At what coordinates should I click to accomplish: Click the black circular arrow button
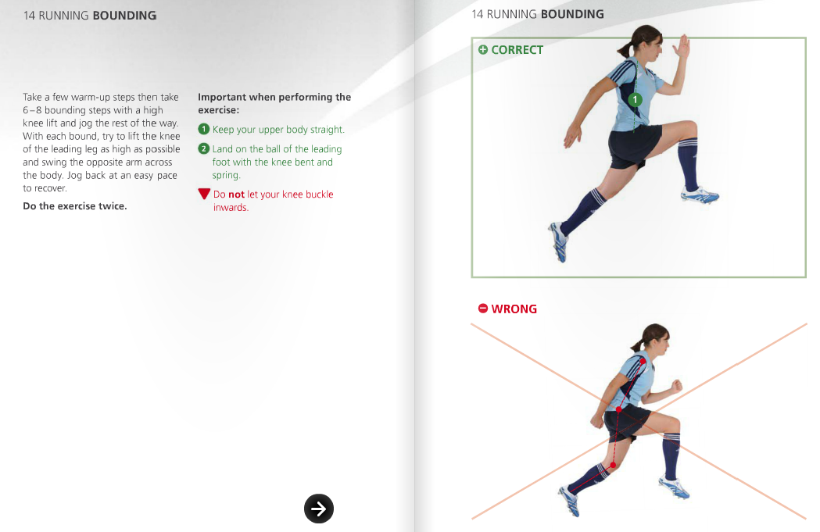(x=319, y=509)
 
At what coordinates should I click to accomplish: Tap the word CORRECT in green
(x=517, y=50)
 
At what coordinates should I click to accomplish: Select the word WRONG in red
(x=514, y=309)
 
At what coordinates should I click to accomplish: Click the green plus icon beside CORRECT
(x=483, y=50)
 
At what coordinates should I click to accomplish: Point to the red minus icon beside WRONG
(x=483, y=309)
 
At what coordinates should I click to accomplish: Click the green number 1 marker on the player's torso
(x=636, y=100)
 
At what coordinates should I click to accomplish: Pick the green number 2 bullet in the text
(x=203, y=148)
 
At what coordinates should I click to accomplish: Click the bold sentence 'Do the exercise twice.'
(x=74, y=206)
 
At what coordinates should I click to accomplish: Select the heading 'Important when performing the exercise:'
(x=274, y=103)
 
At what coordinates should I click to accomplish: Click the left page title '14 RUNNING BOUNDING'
(x=90, y=16)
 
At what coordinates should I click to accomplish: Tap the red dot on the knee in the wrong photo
(x=613, y=466)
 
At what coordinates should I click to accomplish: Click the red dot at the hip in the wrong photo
(x=618, y=409)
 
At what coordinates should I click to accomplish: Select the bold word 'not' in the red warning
(x=236, y=195)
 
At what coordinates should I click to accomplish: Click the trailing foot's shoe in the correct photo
(x=559, y=239)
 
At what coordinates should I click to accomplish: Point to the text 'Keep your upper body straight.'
(x=278, y=130)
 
